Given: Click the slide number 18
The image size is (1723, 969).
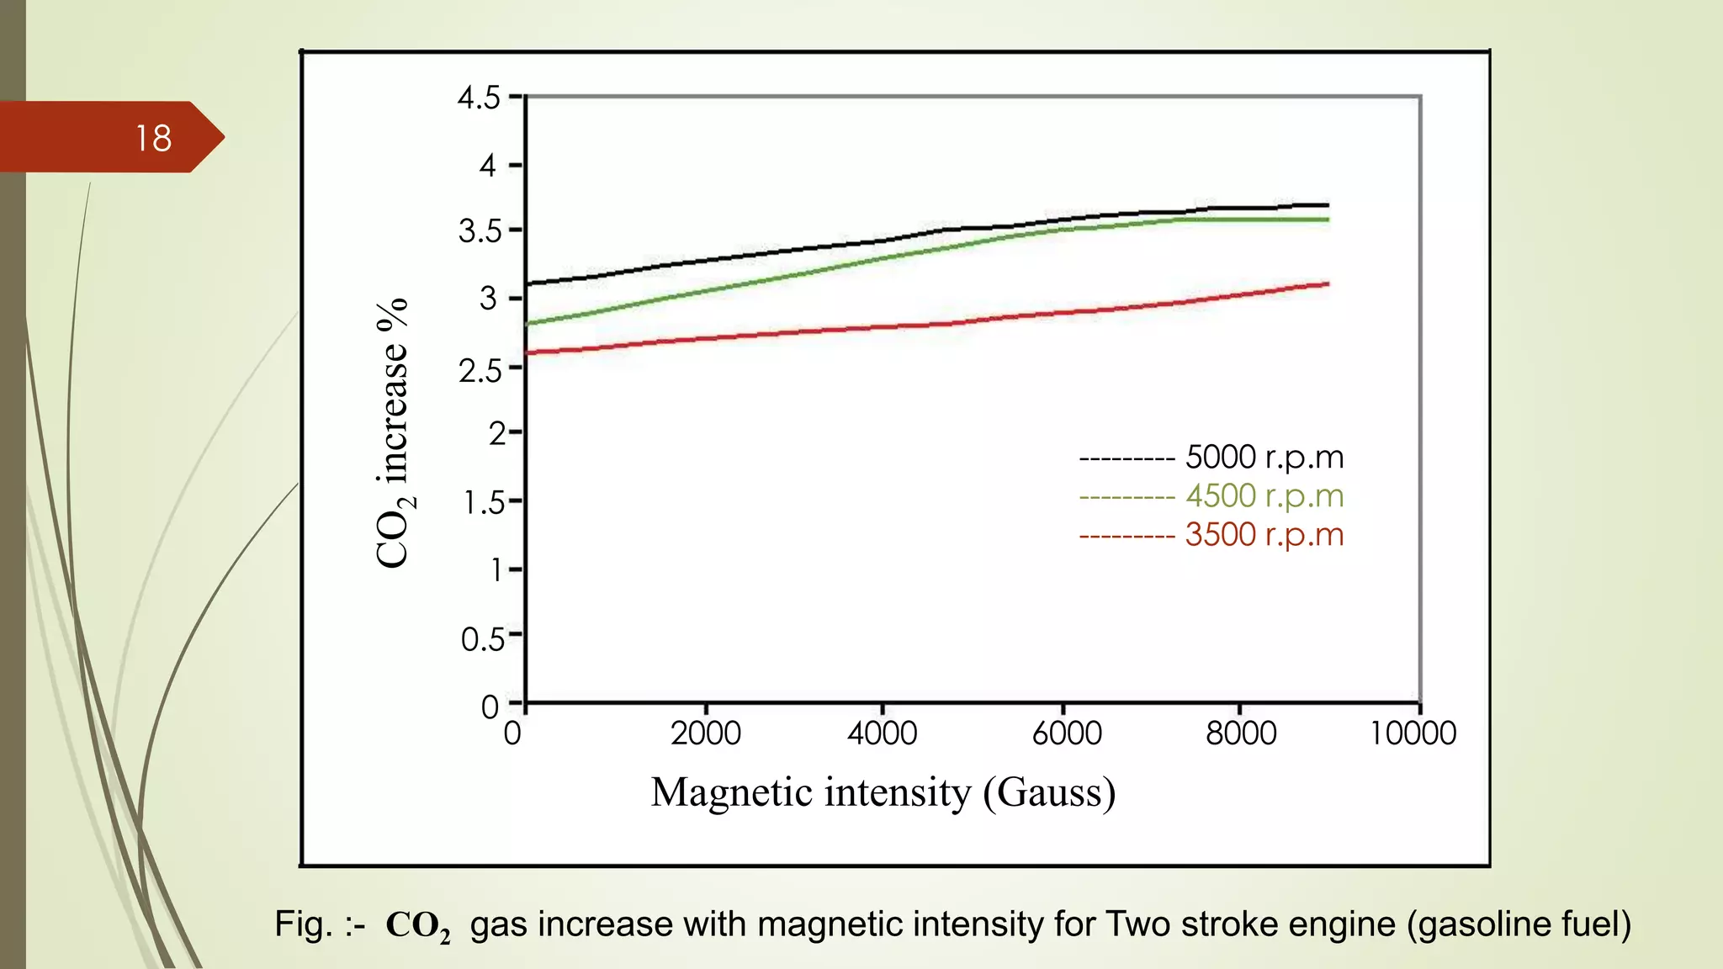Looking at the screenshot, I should [x=153, y=139].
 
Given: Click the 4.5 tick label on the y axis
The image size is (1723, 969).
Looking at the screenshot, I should [x=479, y=98].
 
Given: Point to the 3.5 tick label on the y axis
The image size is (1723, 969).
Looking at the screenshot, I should [x=480, y=231].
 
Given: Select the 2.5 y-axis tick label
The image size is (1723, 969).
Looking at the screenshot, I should [x=480, y=370].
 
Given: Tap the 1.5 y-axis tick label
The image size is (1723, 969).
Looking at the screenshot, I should [x=484, y=503].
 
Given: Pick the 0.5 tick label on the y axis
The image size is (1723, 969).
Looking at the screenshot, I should [x=482, y=640].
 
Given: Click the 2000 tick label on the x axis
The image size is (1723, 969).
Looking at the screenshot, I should [x=705, y=733].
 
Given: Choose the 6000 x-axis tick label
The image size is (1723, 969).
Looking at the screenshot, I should [x=1066, y=733].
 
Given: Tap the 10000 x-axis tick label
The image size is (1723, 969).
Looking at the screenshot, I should [x=1413, y=733].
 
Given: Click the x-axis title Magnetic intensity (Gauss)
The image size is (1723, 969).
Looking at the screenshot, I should [x=883, y=792].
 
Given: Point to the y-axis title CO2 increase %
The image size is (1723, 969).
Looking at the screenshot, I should [x=393, y=433].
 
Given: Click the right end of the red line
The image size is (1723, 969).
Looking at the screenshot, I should [x=1327, y=284].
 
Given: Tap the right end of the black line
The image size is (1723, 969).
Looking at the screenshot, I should [x=1327, y=205].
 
